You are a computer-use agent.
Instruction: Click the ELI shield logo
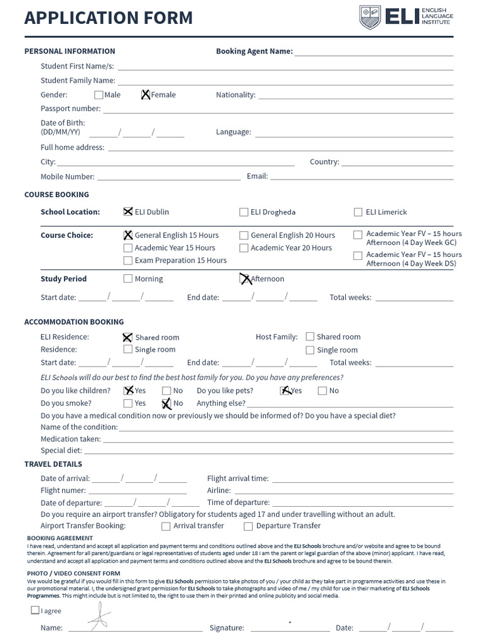pyautogui.click(x=370, y=17)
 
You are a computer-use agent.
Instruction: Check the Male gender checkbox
pyautogui.click(x=99, y=95)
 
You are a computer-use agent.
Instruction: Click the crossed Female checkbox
pyautogui.click(x=146, y=95)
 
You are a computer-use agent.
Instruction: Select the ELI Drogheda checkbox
pyautogui.click(x=244, y=212)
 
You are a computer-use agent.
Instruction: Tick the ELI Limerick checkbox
pyautogui.click(x=358, y=212)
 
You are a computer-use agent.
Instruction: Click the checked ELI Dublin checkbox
pyautogui.click(x=128, y=212)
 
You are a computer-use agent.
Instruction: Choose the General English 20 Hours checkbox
pyautogui.click(x=244, y=235)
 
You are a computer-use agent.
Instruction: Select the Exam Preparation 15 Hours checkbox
pyautogui.click(x=128, y=261)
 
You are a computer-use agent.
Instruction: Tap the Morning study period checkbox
pyautogui.click(x=128, y=279)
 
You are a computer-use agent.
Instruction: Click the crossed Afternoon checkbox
pyautogui.click(x=245, y=279)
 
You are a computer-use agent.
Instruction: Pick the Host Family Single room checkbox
pyautogui.click(x=310, y=350)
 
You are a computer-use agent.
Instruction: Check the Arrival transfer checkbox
pyautogui.click(x=166, y=526)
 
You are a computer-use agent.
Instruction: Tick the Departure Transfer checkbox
pyautogui.click(x=249, y=526)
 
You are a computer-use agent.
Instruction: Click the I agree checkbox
pyautogui.click(x=35, y=610)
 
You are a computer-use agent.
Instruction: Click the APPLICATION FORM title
pyautogui.click(x=109, y=18)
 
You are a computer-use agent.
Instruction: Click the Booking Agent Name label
pyautogui.click(x=254, y=51)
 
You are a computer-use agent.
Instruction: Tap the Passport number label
pyautogui.click(x=70, y=109)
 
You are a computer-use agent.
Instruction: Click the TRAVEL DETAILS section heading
pyautogui.click(x=53, y=465)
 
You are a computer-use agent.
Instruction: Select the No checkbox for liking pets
pyautogui.click(x=323, y=391)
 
